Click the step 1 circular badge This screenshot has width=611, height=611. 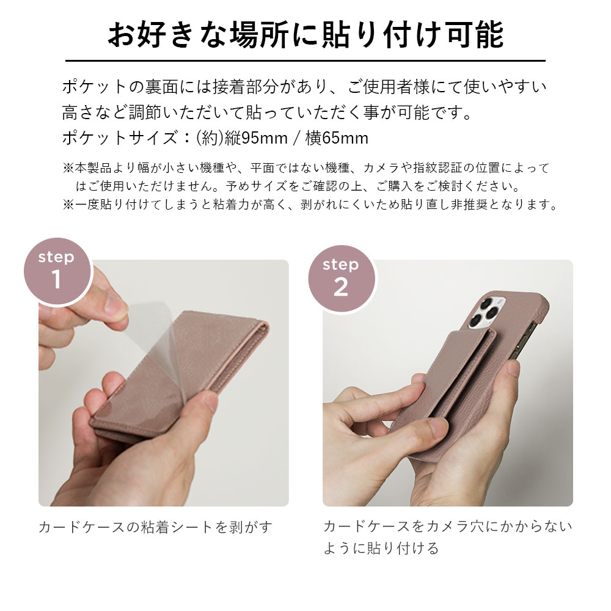click(x=57, y=270)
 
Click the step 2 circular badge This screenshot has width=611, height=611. click(x=341, y=278)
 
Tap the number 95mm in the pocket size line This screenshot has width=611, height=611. click(x=264, y=138)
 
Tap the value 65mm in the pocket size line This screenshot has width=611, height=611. click(x=345, y=138)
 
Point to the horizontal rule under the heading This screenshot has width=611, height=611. click(x=305, y=60)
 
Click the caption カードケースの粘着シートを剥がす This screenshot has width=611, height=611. click(x=155, y=527)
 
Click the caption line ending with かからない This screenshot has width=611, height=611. click(x=447, y=527)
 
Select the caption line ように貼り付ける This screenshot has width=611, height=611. click(x=381, y=548)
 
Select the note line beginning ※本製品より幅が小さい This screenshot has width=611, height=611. click(x=305, y=168)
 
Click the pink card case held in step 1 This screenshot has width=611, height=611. click(x=183, y=379)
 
